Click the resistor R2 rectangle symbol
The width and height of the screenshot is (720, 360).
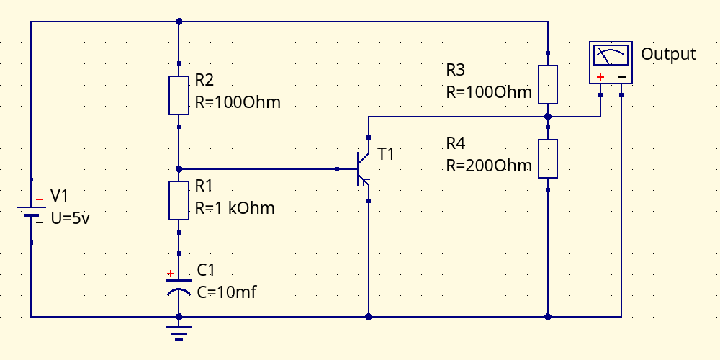click(179, 95)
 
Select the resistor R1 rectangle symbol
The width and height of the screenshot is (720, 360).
click(179, 200)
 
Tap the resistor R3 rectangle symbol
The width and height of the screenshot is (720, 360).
click(548, 84)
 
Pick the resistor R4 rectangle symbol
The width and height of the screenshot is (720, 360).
click(548, 158)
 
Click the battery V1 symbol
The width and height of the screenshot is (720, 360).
click(31, 211)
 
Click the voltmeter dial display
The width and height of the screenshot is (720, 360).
click(611, 55)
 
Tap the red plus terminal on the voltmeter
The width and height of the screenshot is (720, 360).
click(600, 77)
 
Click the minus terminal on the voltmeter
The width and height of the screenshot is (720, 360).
click(621, 77)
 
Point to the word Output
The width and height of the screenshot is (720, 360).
click(668, 54)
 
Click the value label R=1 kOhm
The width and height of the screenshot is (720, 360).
click(235, 208)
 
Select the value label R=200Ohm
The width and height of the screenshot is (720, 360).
click(489, 166)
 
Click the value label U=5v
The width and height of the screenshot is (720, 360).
click(71, 219)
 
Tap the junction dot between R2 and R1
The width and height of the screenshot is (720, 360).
click(179, 169)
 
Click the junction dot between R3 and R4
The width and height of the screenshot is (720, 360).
click(548, 117)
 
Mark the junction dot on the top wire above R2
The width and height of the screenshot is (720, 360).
click(179, 22)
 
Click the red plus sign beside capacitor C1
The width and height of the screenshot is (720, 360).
click(171, 274)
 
